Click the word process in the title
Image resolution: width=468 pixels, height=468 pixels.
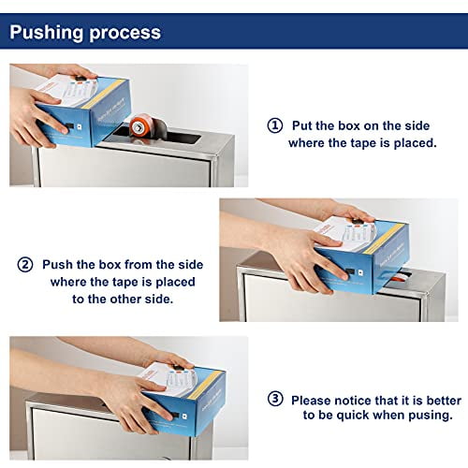coord(124,34)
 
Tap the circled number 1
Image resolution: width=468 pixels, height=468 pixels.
coord(274,124)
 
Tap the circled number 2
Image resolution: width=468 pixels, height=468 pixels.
coord(24,266)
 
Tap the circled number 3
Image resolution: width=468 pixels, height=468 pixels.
coord(274,399)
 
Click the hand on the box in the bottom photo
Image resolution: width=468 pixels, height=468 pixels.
coord(122,398)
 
